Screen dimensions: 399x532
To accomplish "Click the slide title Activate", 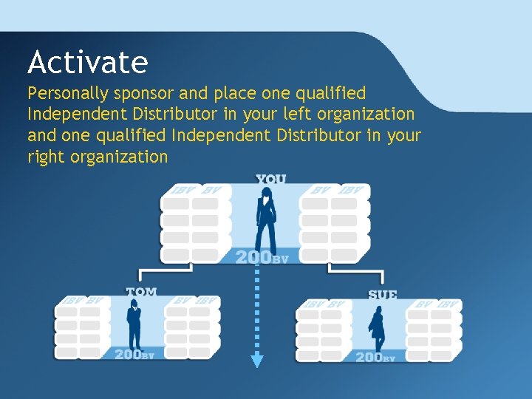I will pos(87,62).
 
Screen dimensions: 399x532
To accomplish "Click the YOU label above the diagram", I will pos(270,179).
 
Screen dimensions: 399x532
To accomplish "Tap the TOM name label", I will pos(141,292).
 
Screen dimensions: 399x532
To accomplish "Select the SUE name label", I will pos(382,294).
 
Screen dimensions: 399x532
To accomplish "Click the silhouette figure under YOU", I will pos(266,218).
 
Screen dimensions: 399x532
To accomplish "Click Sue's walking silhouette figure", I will pos(377,329).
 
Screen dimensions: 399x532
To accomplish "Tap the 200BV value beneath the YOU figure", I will pos(262,257).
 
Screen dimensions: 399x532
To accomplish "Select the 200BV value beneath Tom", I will pos(134,355).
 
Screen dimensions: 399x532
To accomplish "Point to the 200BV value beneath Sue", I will pos(375,357).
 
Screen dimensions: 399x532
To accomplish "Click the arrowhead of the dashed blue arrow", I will pos(256,361).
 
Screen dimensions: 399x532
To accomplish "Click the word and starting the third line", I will pos(41,136).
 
